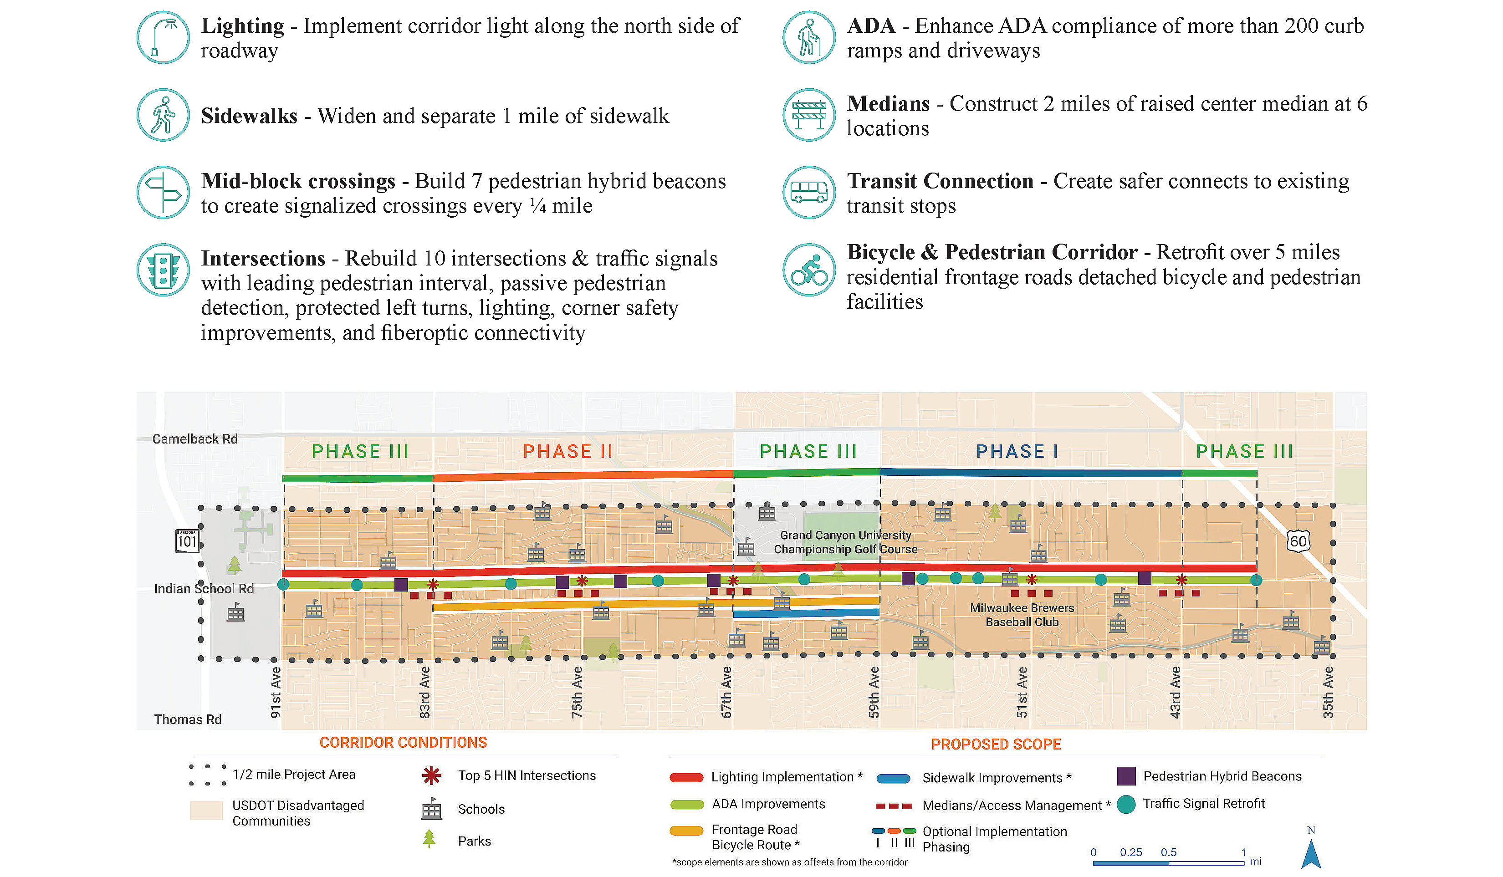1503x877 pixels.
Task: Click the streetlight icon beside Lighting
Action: [163, 37]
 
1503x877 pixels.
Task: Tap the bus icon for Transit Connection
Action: [809, 193]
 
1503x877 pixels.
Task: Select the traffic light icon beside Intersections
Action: [163, 270]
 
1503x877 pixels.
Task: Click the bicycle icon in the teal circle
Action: [809, 270]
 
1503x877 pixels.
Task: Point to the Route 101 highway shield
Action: [187, 541]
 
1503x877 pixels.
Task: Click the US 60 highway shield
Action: [1298, 541]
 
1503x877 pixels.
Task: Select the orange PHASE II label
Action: [568, 452]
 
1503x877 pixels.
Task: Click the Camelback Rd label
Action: [195, 439]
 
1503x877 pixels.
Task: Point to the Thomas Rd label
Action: [188, 719]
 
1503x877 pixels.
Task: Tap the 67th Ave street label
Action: [726, 692]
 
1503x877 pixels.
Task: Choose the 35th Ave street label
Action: [1328, 692]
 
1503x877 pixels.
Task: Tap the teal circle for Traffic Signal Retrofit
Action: [1126, 804]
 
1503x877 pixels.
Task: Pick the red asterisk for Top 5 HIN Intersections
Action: [431, 775]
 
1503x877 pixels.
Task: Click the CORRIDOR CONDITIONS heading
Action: [403, 743]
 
